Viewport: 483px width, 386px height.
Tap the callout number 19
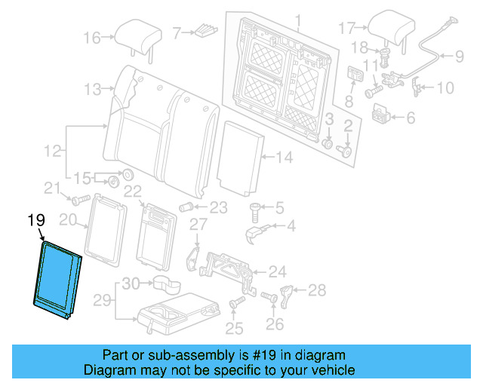coord(36,220)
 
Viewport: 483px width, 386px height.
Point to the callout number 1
coord(297,20)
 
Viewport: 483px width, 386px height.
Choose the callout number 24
coord(278,271)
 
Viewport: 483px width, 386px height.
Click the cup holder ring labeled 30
coord(166,285)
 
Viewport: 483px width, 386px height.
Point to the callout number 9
coord(459,55)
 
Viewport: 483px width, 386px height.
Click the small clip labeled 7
coord(206,32)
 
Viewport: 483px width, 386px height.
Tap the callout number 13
coord(92,90)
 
